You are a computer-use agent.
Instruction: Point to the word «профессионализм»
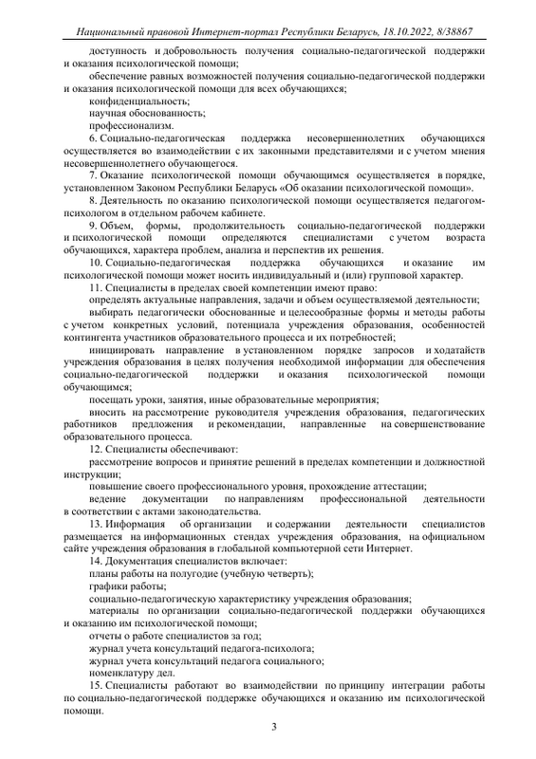(x=132, y=125)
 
